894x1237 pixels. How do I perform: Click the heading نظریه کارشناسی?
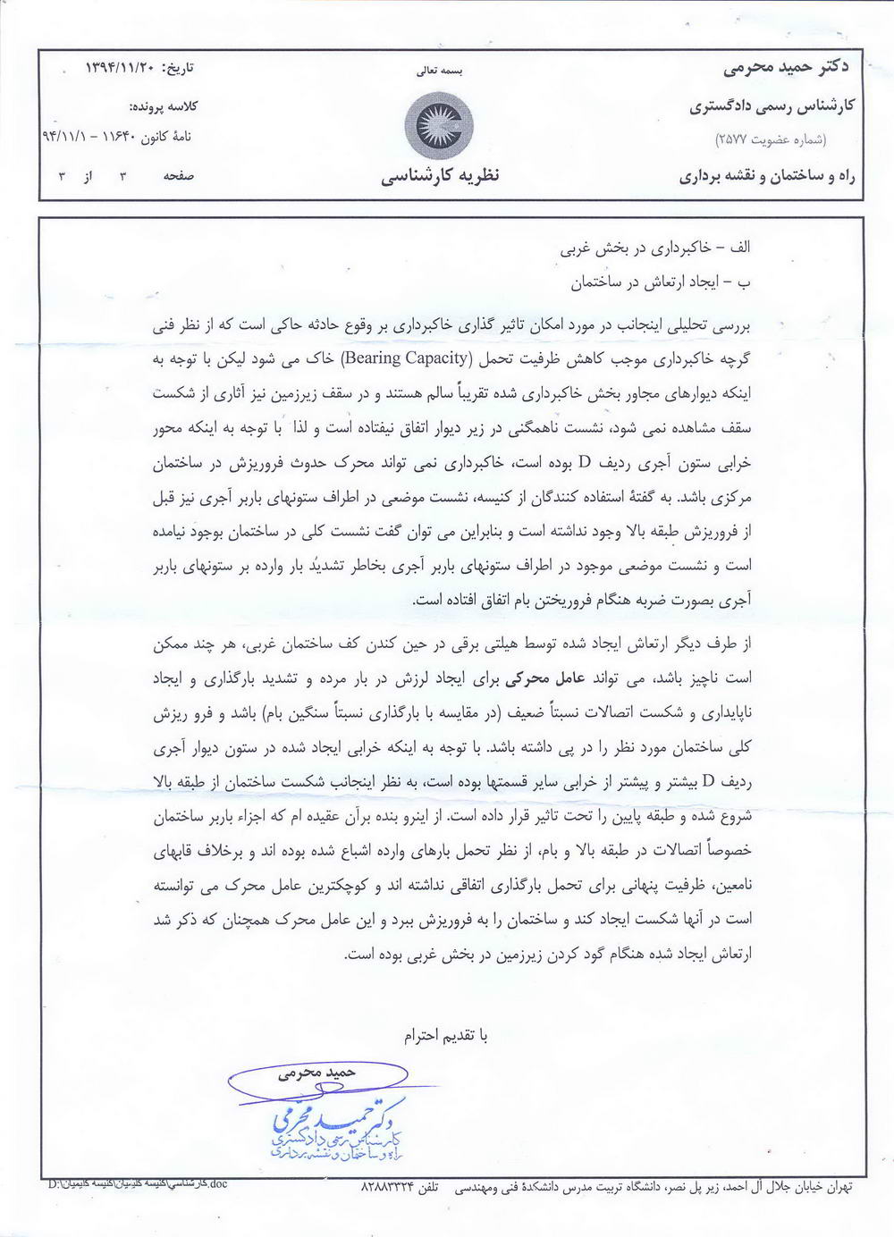pyautogui.click(x=440, y=175)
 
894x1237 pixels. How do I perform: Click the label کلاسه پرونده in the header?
pyautogui.click(x=164, y=106)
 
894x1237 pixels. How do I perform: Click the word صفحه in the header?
pyautogui.click(x=178, y=176)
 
